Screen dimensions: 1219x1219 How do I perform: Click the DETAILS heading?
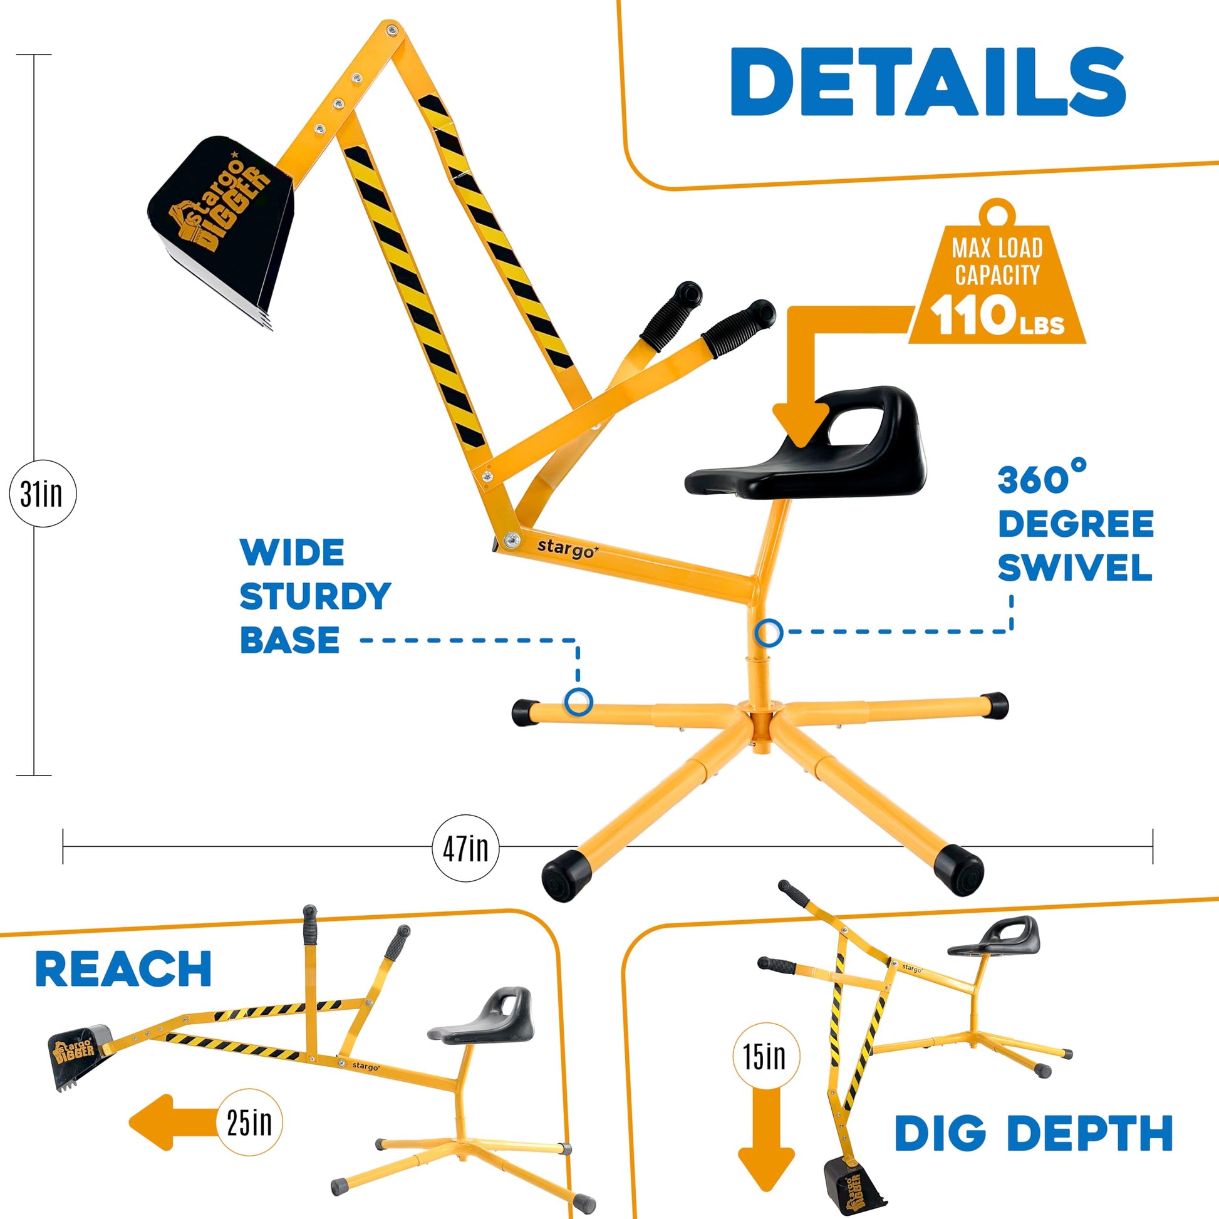tap(928, 82)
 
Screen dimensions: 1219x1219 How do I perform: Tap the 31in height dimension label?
tap(42, 494)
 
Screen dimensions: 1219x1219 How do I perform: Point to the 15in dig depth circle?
tap(765, 1056)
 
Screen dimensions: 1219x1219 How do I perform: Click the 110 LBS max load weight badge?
tap(997, 272)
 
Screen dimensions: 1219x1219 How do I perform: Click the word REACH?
tap(123, 969)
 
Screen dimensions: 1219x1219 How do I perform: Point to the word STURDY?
tap(316, 596)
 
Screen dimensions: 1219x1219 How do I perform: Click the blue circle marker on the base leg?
tap(579, 702)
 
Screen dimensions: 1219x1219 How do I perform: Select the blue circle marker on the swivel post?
tap(769, 632)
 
